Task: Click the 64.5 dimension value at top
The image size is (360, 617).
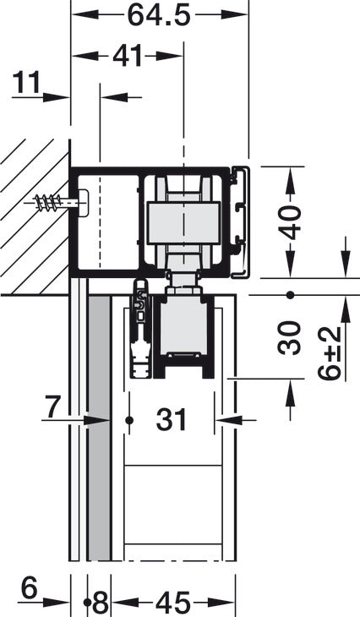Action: point(158,15)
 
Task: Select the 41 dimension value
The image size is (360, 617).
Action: point(127,57)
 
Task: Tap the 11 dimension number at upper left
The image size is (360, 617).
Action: point(27,83)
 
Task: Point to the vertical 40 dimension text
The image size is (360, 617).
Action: point(290,222)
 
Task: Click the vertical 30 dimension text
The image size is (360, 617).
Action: point(290,338)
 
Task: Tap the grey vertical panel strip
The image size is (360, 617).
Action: point(99,431)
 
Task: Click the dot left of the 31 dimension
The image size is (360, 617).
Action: point(129,418)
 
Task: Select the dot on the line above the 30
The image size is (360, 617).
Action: point(290,295)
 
